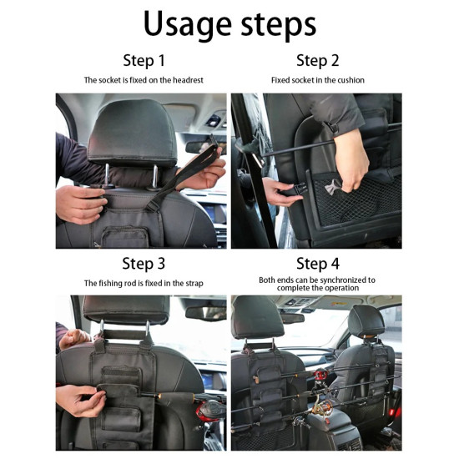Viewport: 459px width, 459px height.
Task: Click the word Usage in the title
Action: click(188, 24)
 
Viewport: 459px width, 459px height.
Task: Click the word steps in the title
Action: click(279, 25)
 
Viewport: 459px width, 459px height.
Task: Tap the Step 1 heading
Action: click(144, 61)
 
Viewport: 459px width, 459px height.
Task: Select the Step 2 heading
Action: click(318, 61)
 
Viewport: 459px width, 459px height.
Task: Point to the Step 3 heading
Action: click(144, 264)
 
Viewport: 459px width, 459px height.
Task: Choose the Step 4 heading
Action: click(318, 264)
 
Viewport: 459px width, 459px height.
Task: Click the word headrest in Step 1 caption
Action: click(188, 80)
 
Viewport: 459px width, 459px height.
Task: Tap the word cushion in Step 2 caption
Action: click(351, 80)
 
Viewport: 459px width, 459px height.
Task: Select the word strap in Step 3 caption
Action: click(194, 284)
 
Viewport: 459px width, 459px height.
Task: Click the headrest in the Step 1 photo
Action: click(134, 134)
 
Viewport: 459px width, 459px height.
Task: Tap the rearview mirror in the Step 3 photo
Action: click(206, 313)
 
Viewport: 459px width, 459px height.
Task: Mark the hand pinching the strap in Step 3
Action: click(80, 400)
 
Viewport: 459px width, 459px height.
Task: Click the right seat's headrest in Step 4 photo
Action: click(367, 320)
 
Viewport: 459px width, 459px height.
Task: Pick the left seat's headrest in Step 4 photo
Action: click(258, 318)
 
